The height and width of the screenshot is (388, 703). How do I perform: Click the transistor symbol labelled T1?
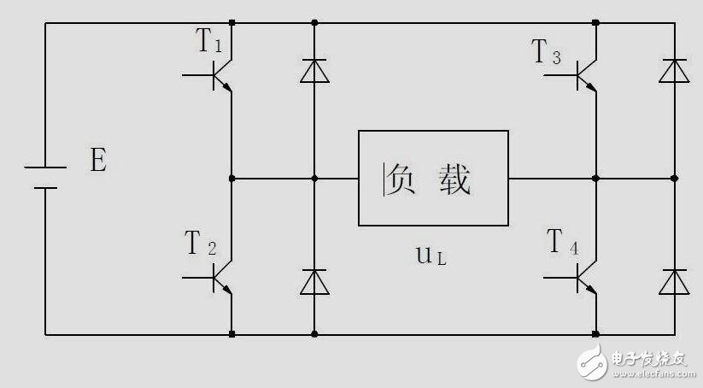[220, 75]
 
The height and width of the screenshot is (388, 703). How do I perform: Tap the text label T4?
[563, 244]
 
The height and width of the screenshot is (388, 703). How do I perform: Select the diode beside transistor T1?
[314, 71]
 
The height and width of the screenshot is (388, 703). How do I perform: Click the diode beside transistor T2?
[314, 282]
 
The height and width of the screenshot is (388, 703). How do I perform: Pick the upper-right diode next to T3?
[674, 71]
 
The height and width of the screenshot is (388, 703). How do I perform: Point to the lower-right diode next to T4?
[674, 282]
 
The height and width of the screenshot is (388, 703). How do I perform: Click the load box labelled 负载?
[433, 178]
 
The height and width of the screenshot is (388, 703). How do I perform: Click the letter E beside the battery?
[98, 161]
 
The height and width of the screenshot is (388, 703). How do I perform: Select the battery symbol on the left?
[44, 178]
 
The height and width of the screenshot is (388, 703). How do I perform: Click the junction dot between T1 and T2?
[232, 179]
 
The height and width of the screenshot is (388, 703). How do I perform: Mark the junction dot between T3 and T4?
[595, 179]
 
